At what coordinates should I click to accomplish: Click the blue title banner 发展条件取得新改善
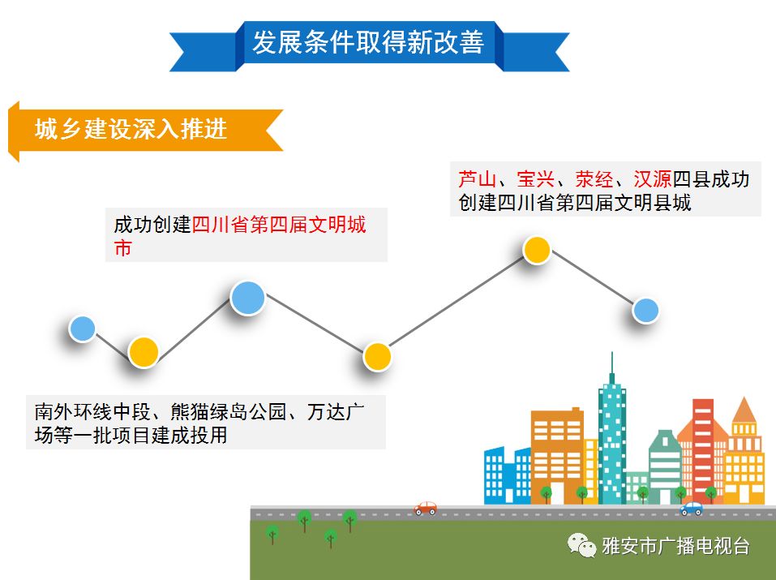pos(368,42)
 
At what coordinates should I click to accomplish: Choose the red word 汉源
pos(653,179)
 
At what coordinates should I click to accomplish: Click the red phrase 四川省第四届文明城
pos(279,225)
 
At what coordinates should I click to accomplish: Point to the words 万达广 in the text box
pos(337,412)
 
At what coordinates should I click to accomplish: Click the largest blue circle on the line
pos(248,298)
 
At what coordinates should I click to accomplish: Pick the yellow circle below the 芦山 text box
pos(536,249)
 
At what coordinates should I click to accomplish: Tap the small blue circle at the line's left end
pos(82,328)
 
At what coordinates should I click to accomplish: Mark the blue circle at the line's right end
pos(645,310)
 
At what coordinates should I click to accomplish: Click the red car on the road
pos(426,508)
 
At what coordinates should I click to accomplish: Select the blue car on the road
pos(692,509)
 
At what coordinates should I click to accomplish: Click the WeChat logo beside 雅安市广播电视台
pos(581,546)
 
